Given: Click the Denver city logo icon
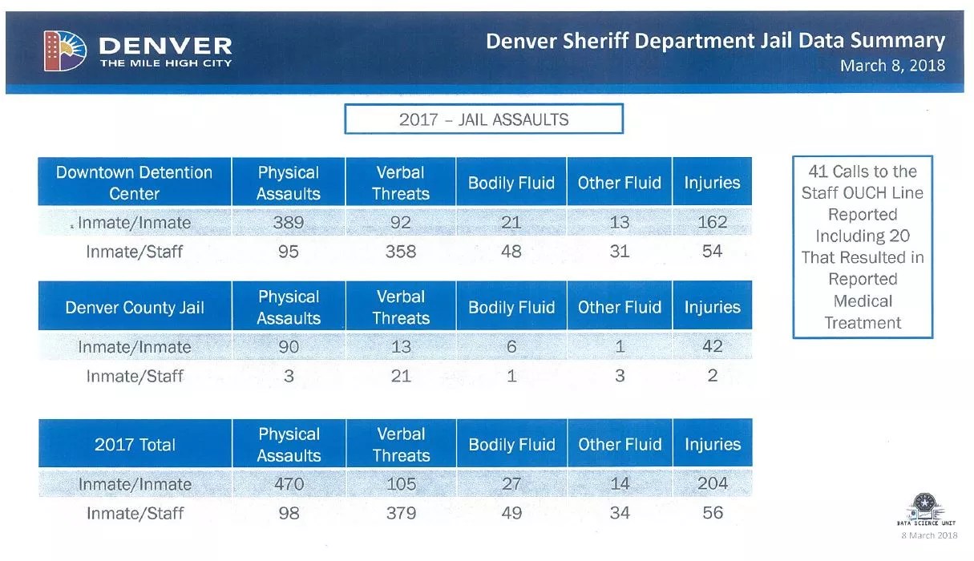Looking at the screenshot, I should click(64, 50).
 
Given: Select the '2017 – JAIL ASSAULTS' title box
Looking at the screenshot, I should click(483, 119).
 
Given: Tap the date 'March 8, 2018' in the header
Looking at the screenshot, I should click(891, 66).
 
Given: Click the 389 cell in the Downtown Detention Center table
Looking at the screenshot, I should click(289, 223).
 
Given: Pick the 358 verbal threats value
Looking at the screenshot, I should click(401, 252).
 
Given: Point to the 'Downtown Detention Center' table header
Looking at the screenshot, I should click(135, 183).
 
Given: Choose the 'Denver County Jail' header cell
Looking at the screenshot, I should click(135, 307).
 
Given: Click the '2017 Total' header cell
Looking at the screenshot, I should click(135, 445).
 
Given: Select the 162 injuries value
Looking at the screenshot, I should click(712, 223).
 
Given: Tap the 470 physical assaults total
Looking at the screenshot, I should click(289, 484).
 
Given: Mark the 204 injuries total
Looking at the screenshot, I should click(712, 484).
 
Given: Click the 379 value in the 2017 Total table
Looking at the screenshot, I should click(401, 513).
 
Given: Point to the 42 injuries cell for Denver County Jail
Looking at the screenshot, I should click(712, 347).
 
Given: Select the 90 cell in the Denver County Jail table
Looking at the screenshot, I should click(289, 347).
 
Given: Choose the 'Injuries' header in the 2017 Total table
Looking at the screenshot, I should click(712, 445).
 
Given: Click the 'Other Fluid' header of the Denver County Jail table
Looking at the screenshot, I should click(619, 307).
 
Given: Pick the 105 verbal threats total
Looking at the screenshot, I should click(401, 484).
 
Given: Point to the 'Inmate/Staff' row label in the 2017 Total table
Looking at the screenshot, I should click(135, 513).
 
